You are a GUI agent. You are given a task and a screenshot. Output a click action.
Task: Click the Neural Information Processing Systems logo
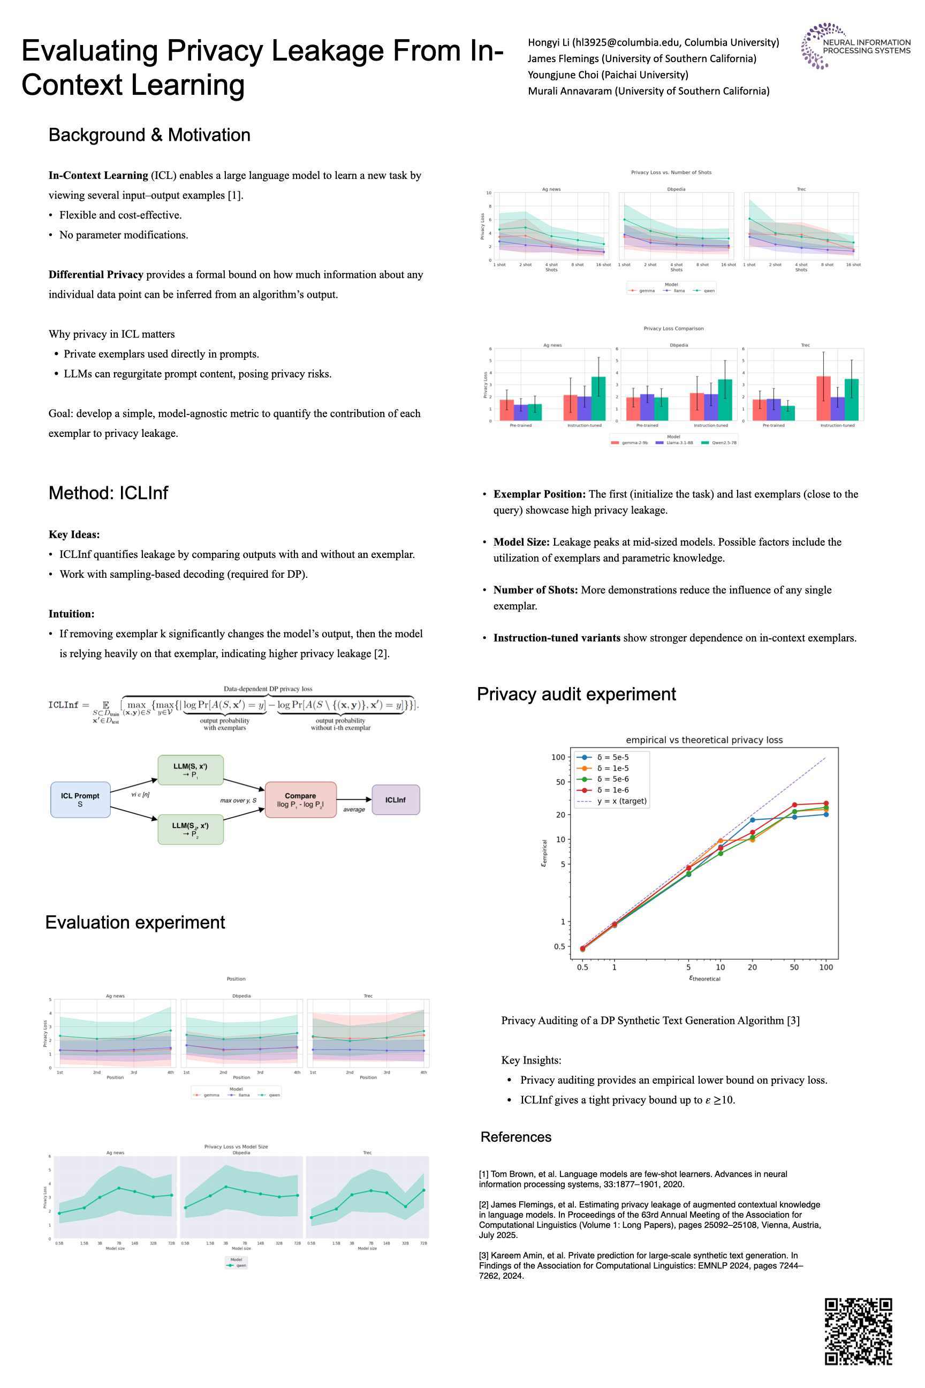pyautogui.click(x=855, y=46)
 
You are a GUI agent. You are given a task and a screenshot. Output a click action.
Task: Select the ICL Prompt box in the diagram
pyautogui.click(x=80, y=799)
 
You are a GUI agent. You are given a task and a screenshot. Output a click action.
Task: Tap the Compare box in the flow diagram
pyautogui.click(x=300, y=799)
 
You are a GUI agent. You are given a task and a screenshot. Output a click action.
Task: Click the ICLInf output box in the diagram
pyautogui.click(x=395, y=799)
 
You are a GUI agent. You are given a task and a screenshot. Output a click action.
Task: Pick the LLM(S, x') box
pyautogui.click(x=190, y=770)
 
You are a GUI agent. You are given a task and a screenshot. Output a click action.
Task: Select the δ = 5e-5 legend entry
pyautogui.click(x=612, y=757)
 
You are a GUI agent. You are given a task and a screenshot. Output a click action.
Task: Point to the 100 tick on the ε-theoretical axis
pyautogui.click(x=826, y=967)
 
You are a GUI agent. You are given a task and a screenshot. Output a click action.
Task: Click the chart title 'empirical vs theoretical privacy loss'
pyautogui.click(x=704, y=740)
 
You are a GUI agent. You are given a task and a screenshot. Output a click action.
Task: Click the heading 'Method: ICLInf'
pyautogui.click(x=108, y=493)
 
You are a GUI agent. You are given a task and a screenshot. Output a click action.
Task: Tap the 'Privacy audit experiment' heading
pyautogui.click(x=576, y=694)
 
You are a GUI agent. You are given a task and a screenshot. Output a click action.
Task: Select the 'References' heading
pyautogui.click(x=515, y=1137)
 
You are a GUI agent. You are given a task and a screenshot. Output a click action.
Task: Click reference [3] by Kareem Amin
pyautogui.click(x=640, y=1266)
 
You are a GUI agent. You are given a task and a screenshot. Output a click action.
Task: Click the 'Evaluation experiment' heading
pyautogui.click(x=135, y=922)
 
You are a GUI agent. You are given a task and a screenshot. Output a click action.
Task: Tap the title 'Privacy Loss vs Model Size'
pyautogui.click(x=236, y=1146)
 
